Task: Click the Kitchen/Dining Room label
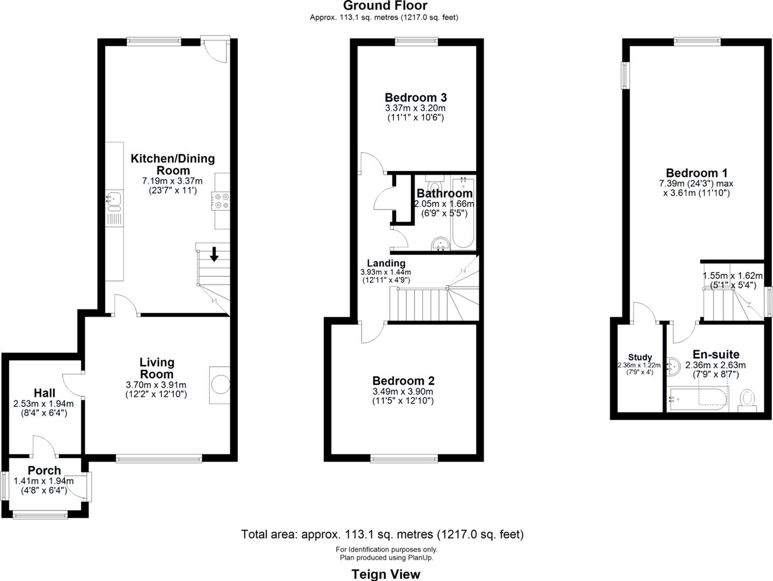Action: [x=172, y=164]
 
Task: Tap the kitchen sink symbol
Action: [x=114, y=200]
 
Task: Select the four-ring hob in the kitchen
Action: [x=222, y=201]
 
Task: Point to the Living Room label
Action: [x=157, y=369]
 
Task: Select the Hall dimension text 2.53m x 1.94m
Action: [x=44, y=403]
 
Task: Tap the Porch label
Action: [x=44, y=471]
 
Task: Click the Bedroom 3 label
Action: [x=416, y=97]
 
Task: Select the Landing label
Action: [x=386, y=263]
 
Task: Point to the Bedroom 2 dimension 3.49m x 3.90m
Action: [x=403, y=392]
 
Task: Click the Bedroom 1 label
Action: [x=697, y=173]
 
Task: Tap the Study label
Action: [x=640, y=357]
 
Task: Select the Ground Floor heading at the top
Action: [x=385, y=6]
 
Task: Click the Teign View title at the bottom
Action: [x=386, y=574]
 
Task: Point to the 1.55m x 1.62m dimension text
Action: [x=733, y=276]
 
